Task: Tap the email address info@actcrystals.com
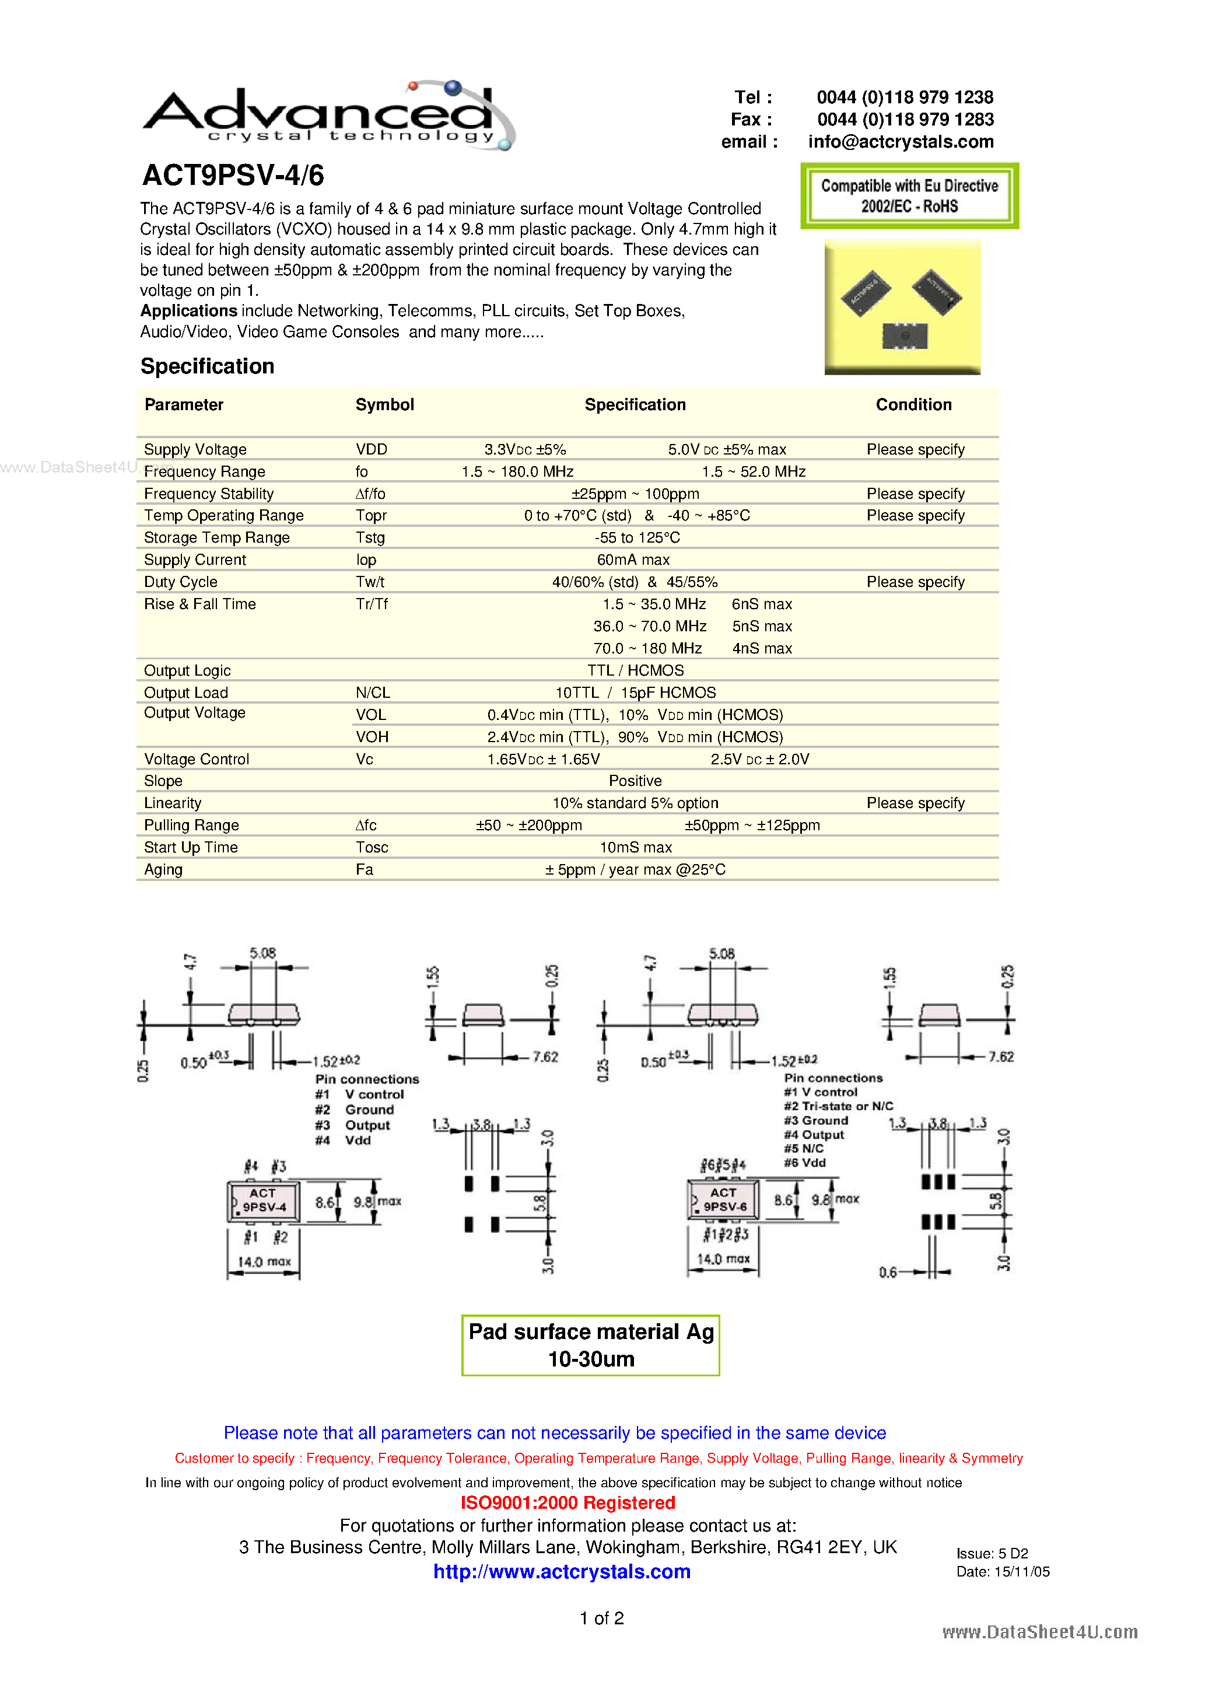[x=901, y=142]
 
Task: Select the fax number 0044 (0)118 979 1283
[x=905, y=120]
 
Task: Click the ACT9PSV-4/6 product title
[x=233, y=176]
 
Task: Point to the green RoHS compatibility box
[x=909, y=196]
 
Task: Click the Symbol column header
[x=384, y=405]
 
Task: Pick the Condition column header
[x=913, y=405]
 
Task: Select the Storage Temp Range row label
[x=217, y=538]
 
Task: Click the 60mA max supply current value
[x=633, y=560]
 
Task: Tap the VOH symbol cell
[x=372, y=737]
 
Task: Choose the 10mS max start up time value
[x=635, y=848]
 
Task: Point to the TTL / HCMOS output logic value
[x=635, y=671]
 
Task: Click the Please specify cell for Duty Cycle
[x=915, y=582]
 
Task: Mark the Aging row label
[x=163, y=870]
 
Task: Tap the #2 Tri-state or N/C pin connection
[x=838, y=1106]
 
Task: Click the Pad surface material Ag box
[x=591, y=1345]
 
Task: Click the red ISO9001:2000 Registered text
[x=568, y=1502]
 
